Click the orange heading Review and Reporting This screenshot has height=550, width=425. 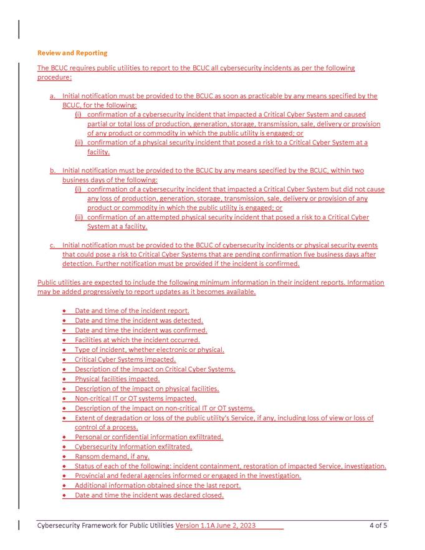click(x=72, y=53)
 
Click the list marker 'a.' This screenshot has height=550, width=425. click(x=53, y=96)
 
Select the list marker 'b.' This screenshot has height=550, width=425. click(x=53, y=171)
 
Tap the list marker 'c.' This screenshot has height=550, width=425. click(x=53, y=245)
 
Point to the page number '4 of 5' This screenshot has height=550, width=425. click(x=378, y=526)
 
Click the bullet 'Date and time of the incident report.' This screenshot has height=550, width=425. click(x=131, y=310)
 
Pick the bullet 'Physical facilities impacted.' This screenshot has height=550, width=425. click(x=117, y=379)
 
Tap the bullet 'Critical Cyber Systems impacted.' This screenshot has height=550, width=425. click(x=125, y=359)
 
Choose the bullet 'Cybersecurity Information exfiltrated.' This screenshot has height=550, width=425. click(x=133, y=447)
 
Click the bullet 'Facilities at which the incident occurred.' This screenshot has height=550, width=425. click(x=137, y=339)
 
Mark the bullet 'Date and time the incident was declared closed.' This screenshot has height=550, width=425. click(x=149, y=495)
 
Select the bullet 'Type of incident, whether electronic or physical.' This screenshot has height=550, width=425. click(x=149, y=349)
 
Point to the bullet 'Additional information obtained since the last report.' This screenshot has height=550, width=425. click(x=157, y=485)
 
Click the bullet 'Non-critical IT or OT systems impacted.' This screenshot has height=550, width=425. click(x=135, y=398)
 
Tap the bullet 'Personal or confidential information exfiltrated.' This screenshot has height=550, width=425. click(x=148, y=437)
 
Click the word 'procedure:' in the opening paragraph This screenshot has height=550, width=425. click(x=54, y=77)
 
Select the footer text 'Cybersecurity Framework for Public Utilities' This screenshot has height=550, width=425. click(x=105, y=526)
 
